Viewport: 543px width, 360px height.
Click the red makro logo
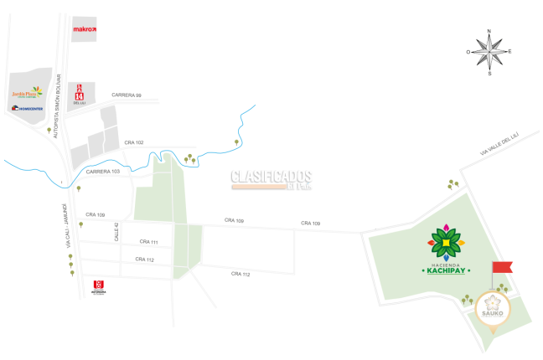click(x=84, y=29)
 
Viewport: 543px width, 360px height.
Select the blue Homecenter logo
click(x=28, y=108)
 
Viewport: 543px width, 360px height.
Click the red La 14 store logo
click(x=79, y=93)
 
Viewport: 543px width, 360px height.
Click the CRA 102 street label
click(x=134, y=142)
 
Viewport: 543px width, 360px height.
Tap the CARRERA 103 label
click(x=103, y=171)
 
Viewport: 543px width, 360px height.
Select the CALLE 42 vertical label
click(x=117, y=232)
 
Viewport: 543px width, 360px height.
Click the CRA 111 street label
click(x=148, y=242)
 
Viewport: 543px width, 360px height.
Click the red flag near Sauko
click(x=501, y=267)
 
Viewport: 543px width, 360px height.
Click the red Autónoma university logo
click(x=99, y=287)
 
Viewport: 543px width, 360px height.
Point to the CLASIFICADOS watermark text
click(x=271, y=177)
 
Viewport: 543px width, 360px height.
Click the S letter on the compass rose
click(x=489, y=73)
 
